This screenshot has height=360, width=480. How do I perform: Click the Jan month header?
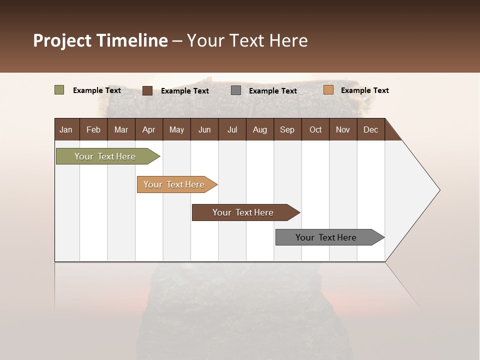tap(66, 129)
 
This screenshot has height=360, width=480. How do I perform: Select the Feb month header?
tap(93, 129)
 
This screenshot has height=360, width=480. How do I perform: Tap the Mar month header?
tap(121, 129)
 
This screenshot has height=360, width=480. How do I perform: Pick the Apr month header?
tap(149, 129)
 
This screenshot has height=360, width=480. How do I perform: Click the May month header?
tap(176, 129)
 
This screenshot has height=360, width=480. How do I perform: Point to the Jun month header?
tap(204, 129)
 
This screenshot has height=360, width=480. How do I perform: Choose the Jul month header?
tap(232, 129)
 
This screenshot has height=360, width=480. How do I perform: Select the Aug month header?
tap(260, 129)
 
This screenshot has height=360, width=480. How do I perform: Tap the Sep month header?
tap(287, 129)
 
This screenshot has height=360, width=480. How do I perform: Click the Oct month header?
tap(315, 129)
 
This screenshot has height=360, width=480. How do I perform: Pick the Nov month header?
tap(343, 129)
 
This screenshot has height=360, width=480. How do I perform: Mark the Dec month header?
tap(371, 129)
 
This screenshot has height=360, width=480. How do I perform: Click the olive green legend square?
tap(59, 90)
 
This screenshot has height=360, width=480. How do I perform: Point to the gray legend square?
tap(236, 90)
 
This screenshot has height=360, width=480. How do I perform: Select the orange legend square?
tap(328, 90)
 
